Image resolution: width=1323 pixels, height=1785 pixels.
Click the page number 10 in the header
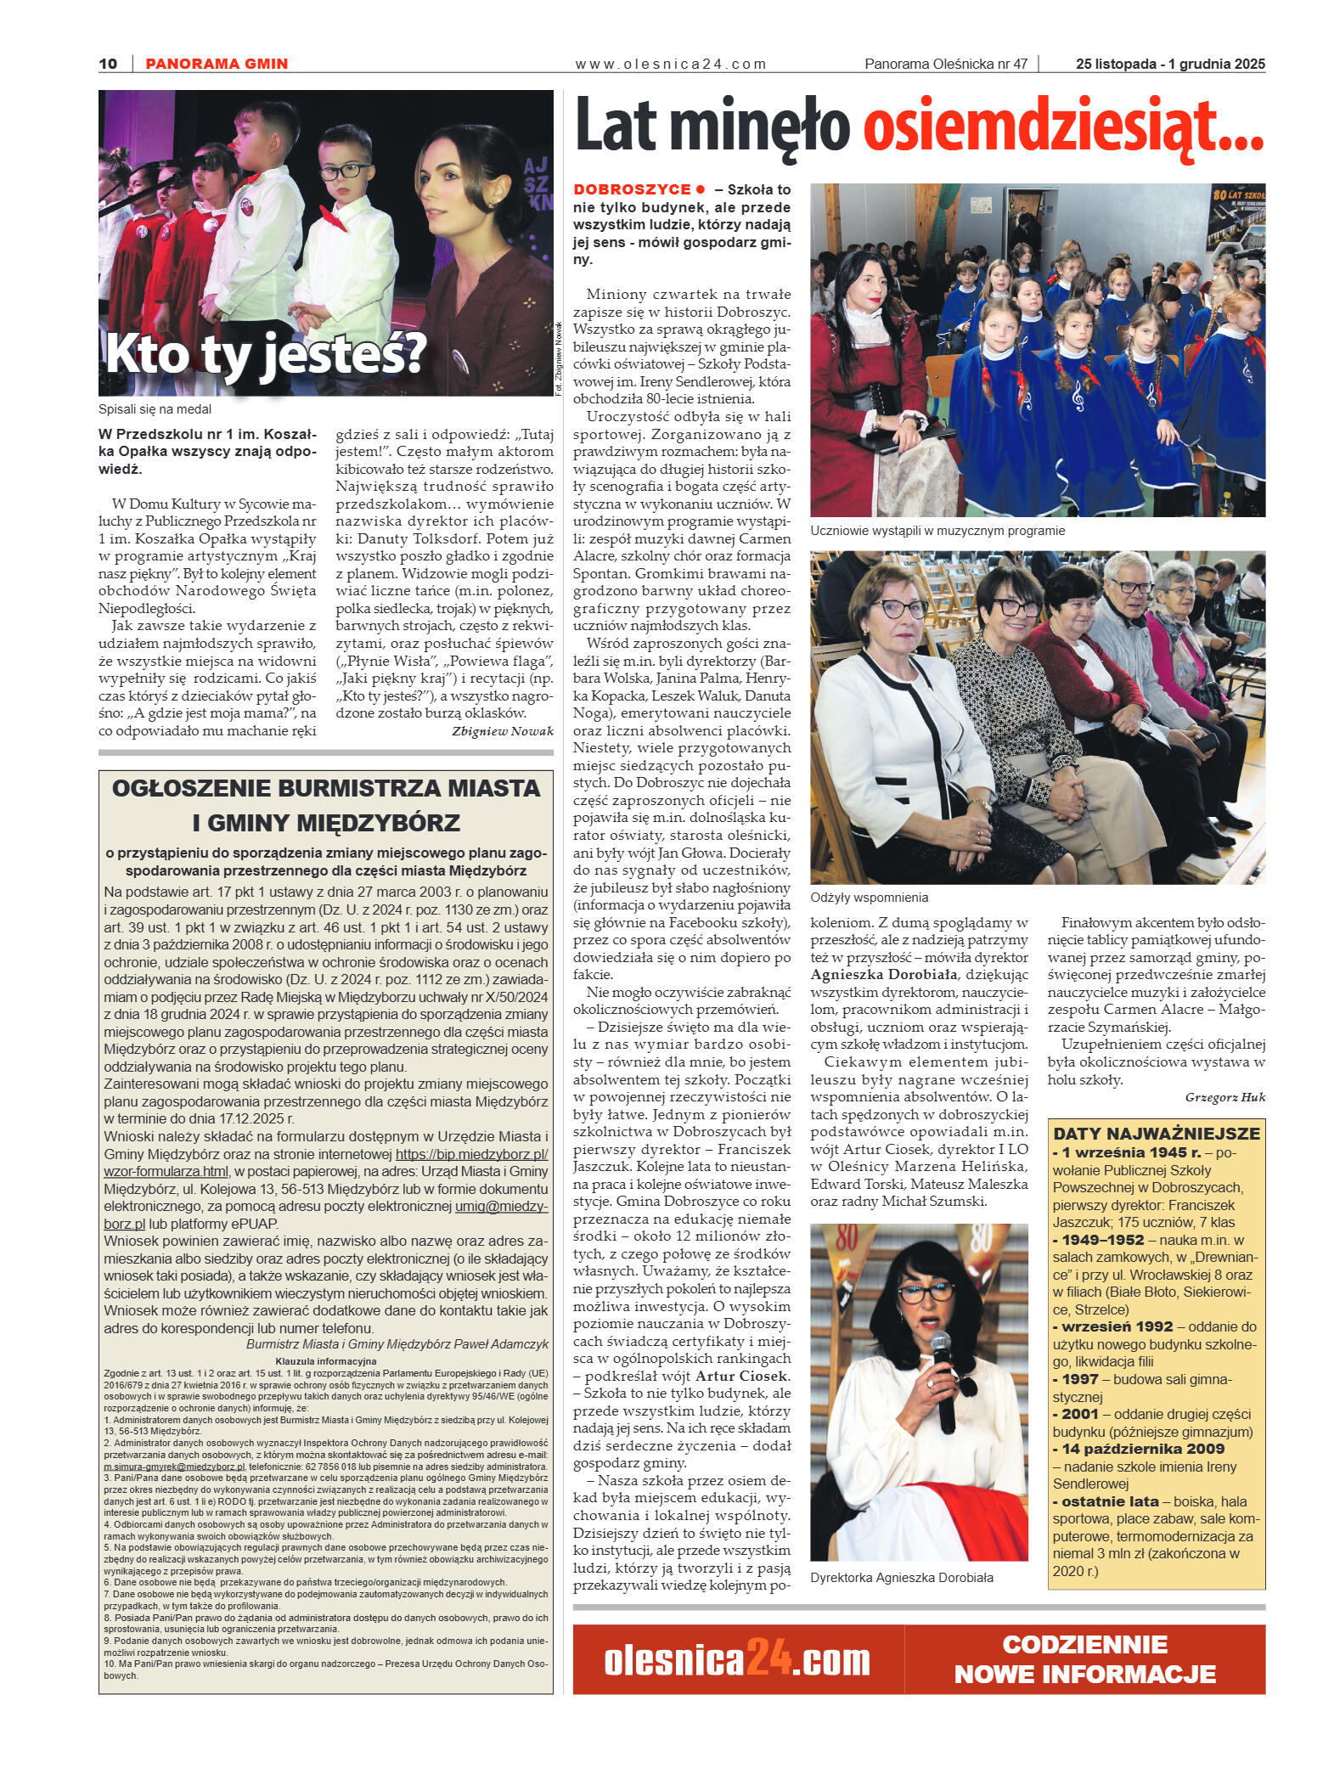click(108, 64)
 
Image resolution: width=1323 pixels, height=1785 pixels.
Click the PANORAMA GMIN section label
click(217, 64)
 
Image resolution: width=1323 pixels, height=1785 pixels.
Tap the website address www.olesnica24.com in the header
click(671, 64)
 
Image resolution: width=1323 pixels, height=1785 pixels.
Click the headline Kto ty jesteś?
click(264, 355)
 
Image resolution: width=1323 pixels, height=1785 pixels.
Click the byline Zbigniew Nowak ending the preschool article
click(502, 731)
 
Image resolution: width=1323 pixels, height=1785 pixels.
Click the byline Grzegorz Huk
click(1224, 1096)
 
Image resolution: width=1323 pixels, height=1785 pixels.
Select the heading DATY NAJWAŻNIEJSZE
click(1157, 1134)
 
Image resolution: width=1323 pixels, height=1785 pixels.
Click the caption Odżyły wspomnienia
click(869, 898)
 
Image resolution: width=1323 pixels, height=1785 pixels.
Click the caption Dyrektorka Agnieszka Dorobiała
click(901, 1577)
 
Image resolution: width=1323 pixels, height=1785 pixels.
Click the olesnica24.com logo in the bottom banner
click(737, 1660)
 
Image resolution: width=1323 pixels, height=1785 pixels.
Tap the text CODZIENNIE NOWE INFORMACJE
click(1085, 1658)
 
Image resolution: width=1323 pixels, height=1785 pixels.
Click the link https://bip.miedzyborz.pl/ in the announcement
click(471, 1155)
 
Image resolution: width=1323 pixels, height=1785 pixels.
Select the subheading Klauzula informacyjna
click(325, 1361)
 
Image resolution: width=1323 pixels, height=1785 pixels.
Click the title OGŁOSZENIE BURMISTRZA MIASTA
click(325, 788)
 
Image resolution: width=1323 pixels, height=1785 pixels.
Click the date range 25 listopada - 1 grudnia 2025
click(1169, 64)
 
